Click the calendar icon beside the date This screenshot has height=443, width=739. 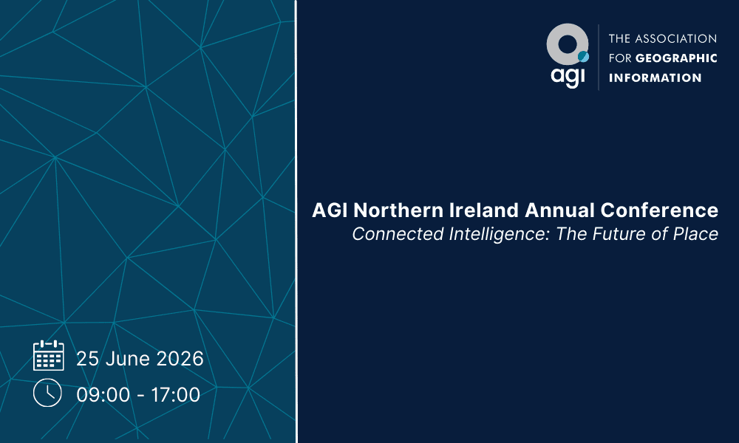pyautogui.click(x=49, y=355)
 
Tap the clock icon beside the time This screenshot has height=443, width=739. pyautogui.click(x=47, y=392)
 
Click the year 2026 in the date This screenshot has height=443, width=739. pyautogui.click(x=179, y=359)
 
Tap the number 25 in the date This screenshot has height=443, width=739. pyautogui.click(x=88, y=359)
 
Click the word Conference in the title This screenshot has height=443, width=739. pyautogui.click(x=659, y=210)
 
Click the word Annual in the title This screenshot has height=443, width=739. pyautogui.click(x=559, y=210)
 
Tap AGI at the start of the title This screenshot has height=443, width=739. pyautogui.click(x=327, y=210)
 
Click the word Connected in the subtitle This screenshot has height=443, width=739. pyautogui.click(x=390, y=235)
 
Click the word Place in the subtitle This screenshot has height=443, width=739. pyautogui.click(x=696, y=235)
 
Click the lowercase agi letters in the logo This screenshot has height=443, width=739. pyautogui.click(x=566, y=76)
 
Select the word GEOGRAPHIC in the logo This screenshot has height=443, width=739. pyautogui.click(x=676, y=58)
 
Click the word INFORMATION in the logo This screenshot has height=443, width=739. pyautogui.click(x=655, y=78)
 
